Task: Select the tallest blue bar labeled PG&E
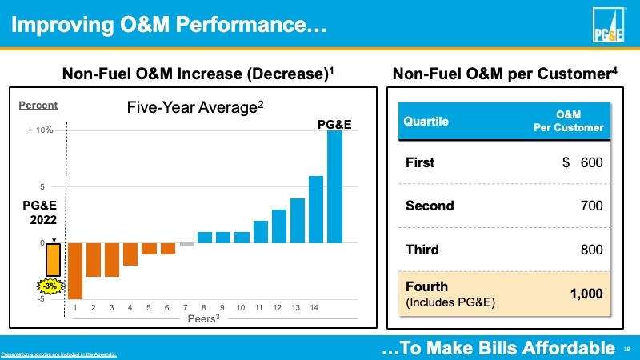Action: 334,186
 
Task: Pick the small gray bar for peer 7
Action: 186,243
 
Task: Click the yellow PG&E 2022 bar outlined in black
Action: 53,259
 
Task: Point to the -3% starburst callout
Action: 50,286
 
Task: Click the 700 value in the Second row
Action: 591,206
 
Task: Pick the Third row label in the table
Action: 422,250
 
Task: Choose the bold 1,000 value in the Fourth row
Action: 586,294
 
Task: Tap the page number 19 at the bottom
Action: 626,348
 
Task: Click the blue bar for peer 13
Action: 298,220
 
